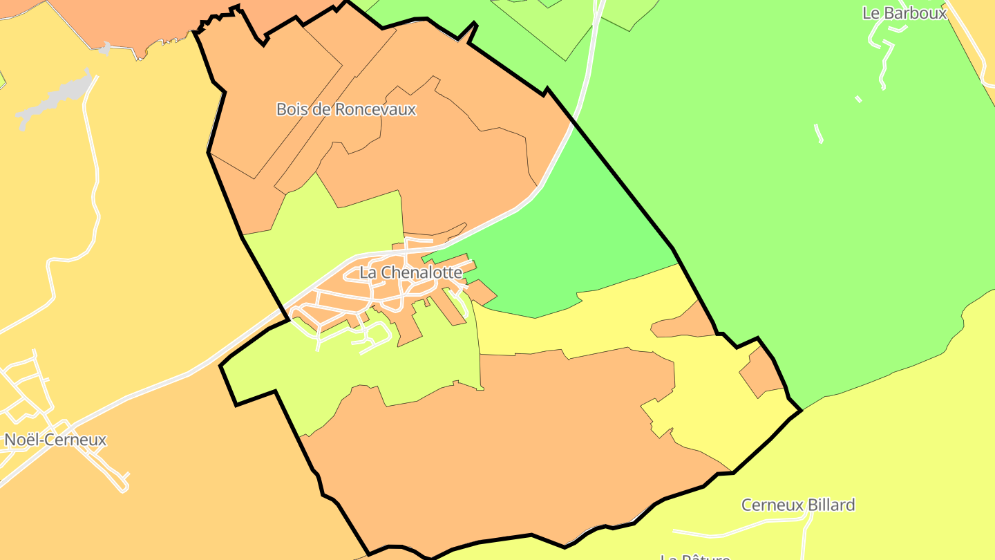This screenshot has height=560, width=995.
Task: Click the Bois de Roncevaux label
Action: (x=346, y=109)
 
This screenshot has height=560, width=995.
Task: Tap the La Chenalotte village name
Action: (x=410, y=272)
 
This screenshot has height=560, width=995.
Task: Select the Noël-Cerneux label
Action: (x=55, y=440)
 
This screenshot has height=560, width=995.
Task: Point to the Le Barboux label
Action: (x=904, y=12)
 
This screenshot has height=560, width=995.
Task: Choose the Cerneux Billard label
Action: (x=798, y=505)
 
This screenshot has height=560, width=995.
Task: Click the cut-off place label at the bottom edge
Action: (x=694, y=556)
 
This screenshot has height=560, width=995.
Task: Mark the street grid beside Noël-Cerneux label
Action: (x=24, y=394)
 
